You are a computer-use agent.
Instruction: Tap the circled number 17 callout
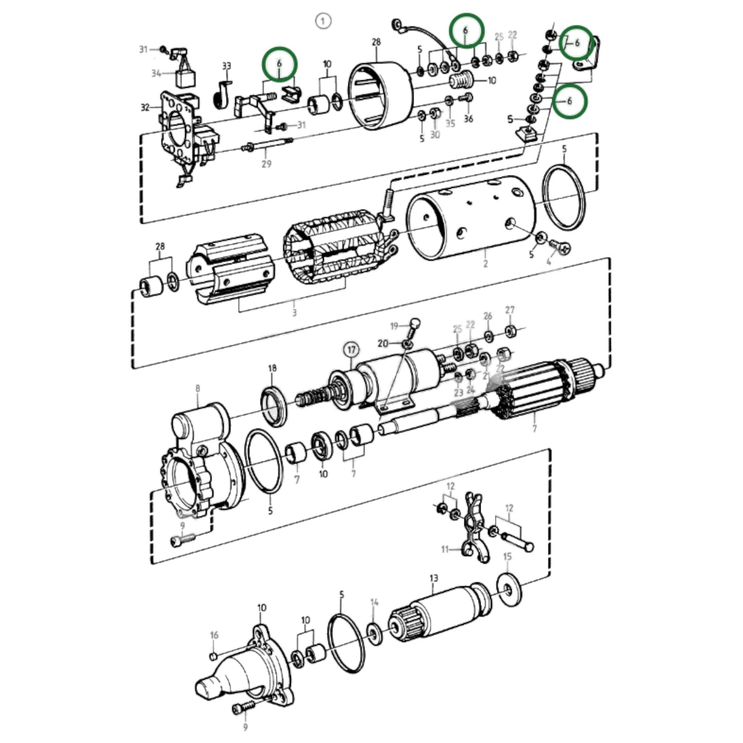pyautogui.click(x=351, y=350)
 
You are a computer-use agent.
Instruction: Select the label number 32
pyautogui.click(x=145, y=107)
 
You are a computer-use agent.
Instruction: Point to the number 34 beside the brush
pyautogui.click(x=156, y=74)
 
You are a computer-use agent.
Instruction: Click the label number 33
pyautogui.click(x=226, y=66)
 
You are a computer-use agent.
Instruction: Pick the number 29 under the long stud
pyautogui.click(x=266, y=164)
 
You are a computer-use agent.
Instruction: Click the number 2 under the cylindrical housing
pyautogui.click(x=485, y=264)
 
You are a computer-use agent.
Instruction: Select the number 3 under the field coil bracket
pyautogui.click(x=294, y=312)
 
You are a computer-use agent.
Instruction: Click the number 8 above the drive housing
pyautogui.click(x=197, y=389)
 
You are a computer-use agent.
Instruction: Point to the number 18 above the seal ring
pyautogui.click(x=272, y=368)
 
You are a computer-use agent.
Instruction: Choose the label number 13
pyautogui.click(x=433, y=578)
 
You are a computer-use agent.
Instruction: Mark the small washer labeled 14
pyautogui.click(x=374, y=634)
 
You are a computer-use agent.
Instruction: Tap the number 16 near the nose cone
pyautogui.click(x=214, y=636)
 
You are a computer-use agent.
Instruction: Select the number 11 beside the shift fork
pyautogui.click(x=445, y=550)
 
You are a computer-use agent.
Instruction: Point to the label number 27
pyautogui.click(x=510, y=310)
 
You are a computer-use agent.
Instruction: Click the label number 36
pyautogui.click(x=468, y=119)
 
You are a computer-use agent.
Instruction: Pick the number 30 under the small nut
pyautogui.click(x=435, y=135)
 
